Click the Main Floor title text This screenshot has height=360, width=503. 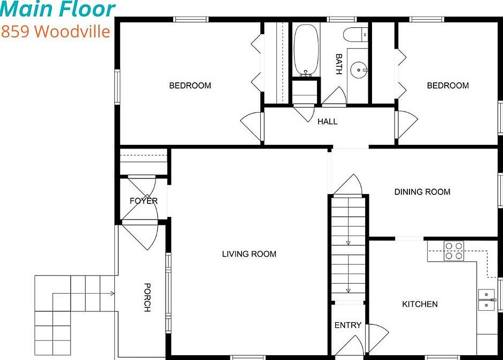point(58,9)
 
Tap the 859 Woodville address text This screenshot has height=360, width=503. point(55,31)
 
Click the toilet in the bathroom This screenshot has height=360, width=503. point(355,35)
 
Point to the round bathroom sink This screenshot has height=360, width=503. point(358,69)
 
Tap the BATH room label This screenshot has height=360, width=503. point(338,64)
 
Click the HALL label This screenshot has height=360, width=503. point(327,121)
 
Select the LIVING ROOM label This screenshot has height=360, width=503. point(249,254)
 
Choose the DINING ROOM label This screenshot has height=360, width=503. point(422,192)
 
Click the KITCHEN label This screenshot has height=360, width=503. point(420,304)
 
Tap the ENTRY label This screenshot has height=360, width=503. point(347,325)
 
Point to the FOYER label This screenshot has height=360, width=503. point(143,201)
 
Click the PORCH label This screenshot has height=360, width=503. point(147,298)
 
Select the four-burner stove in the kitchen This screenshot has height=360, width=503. point(454,251)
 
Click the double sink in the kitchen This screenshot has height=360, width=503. point(487,299)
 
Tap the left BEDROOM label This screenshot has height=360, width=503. point(190,85)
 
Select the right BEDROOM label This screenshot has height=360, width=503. point(447,85)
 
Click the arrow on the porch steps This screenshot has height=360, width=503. point(112,293)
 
